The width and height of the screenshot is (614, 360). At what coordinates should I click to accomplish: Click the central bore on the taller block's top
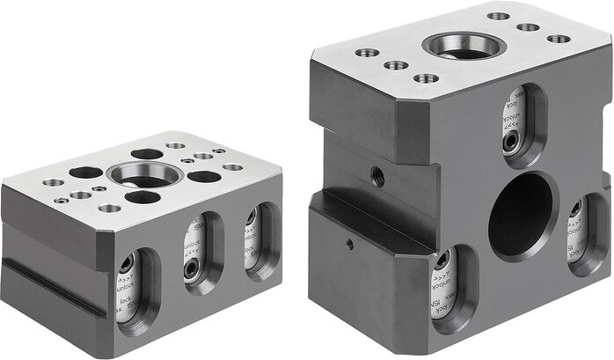[464, 45]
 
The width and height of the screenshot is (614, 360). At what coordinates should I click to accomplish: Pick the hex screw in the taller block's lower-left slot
[442, 261]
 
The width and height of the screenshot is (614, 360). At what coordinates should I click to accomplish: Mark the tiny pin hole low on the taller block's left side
[349, 244]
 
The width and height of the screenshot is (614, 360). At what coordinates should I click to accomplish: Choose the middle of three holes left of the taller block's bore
[397, 65]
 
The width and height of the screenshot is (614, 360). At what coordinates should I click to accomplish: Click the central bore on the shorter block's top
[144, 173]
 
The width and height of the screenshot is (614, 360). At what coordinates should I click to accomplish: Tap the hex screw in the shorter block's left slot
[127, 264]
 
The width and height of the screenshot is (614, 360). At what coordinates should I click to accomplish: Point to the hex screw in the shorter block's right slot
[251, 217]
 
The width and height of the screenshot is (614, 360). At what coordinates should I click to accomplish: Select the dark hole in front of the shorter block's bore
[142, 196]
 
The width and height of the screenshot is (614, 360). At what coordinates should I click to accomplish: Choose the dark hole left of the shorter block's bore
[85, 173]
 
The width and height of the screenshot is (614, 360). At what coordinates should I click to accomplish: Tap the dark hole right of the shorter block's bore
[204, 177]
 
